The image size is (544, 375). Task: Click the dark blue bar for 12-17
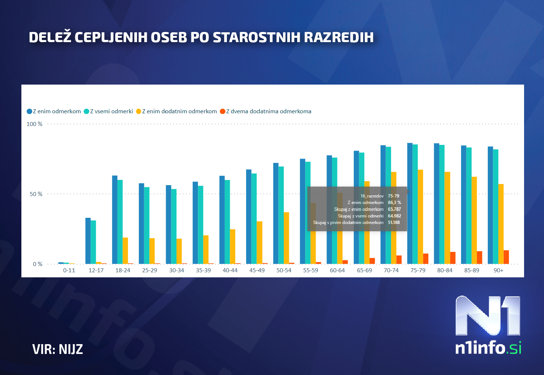click(x=88, y=241)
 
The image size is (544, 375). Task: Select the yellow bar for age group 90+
click(x=501, y=224)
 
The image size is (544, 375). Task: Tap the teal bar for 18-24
click(x=120, y=222)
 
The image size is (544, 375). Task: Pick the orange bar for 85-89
click(x=479, y=257)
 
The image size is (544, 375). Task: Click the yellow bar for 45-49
click(x=259, y=242)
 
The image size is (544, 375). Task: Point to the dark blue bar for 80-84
click(x=436, y=203)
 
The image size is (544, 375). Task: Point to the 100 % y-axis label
click(x=34, y=124)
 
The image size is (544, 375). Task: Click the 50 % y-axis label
click(x=36, y=194)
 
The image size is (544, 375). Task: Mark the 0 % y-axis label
click(x=37, y=264)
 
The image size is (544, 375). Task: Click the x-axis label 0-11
click(x=69, y=270)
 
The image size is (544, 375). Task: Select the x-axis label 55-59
click(x=311, y=270)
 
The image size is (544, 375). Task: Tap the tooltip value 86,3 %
click(x=394, y=203)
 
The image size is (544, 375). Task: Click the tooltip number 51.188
click(x=394, y=223)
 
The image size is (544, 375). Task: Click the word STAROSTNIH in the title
click(x=257, y=37)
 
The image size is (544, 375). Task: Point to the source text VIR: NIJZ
click(x=58, y=349)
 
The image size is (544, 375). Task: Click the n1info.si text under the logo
click(x=488, y=348)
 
